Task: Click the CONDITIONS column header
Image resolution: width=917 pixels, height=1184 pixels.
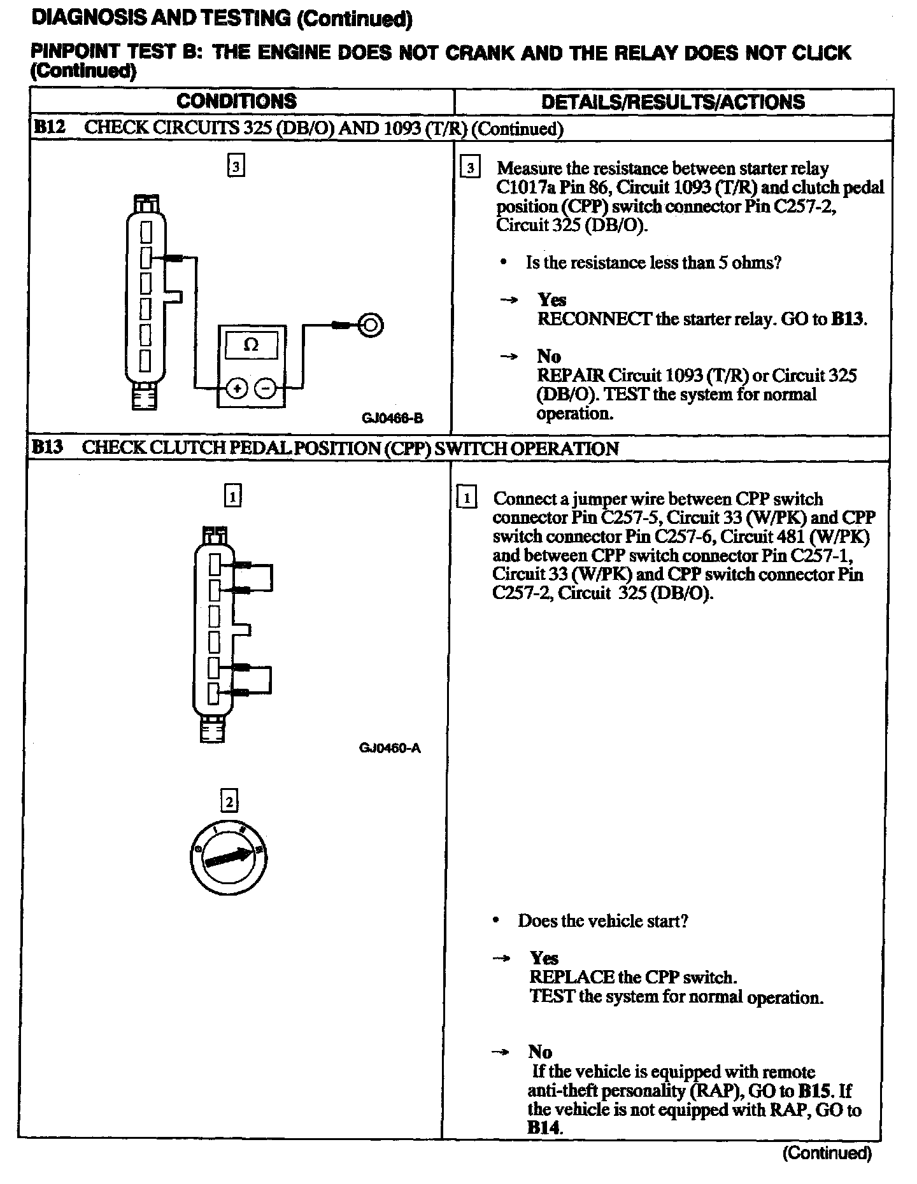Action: tap(236, 101)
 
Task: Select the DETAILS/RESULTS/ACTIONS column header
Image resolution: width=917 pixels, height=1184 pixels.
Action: tap(672, 102)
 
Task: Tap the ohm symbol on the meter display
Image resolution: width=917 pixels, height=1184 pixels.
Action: tap(252, 345)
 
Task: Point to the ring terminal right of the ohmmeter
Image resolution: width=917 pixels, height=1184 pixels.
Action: tap(371, 325)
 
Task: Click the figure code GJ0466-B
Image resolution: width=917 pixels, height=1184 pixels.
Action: tap(392, 418)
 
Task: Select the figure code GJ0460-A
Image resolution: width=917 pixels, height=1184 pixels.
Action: tap(390, 748)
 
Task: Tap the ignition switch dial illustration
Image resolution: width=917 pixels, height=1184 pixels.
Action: tap(229, 857)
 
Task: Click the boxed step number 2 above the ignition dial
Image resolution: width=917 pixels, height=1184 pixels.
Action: tap(229, 801)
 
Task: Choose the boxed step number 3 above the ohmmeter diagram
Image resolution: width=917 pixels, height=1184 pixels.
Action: tap(236, 167)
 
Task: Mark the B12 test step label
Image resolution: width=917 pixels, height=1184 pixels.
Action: tap(49, 127)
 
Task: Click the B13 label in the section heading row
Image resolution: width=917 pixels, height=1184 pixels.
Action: tap(48, 447)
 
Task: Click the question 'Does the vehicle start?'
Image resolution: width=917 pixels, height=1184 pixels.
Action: tap(602, 921)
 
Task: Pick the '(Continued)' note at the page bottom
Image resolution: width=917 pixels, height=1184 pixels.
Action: tap(827, 1153)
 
